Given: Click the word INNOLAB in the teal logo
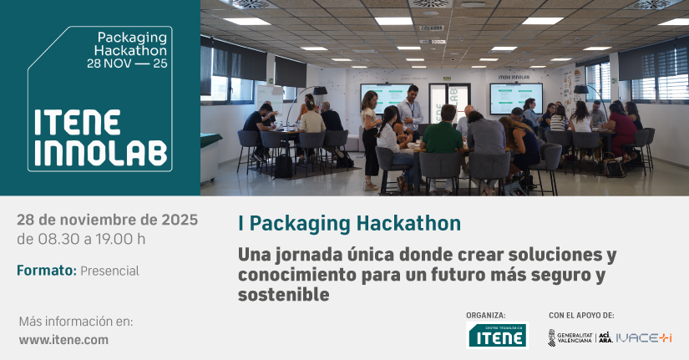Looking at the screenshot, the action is [101, 154].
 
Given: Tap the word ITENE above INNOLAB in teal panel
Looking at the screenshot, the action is [78, 123].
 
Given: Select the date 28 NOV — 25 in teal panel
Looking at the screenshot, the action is [127, 63].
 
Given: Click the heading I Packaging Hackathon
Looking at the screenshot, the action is [349, 223].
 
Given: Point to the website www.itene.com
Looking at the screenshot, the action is [63, 340].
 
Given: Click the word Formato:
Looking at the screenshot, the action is [47, 271].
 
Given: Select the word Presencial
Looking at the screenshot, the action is [109, 271].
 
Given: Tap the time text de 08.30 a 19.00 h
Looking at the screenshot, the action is [81, 239].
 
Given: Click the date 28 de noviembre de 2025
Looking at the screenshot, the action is [107, 220].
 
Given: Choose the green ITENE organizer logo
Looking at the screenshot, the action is [497, 336].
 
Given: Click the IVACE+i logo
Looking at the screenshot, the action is [643, 337].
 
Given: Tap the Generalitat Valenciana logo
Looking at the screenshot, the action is [570, 337].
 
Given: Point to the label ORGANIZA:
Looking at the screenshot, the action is [485, 315].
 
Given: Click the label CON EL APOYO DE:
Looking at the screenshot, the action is [581, 315].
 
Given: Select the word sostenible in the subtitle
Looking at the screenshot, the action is [283, 295].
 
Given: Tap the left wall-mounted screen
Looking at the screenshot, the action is [386, 98].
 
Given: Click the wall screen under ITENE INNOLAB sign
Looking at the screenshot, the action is [516, 98].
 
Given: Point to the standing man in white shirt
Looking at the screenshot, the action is [410, 111].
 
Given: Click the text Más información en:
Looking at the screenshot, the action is [75, 322].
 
